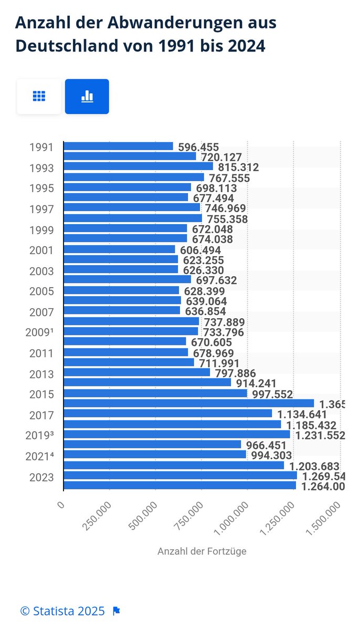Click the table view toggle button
pyautogui.click(x=39, y=96)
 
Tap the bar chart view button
pyautogui.click(x=87, y=96)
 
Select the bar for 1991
pyautogui.click(x=118, y=146)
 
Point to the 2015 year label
pyautogui.click(x=41, y=394)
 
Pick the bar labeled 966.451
pyautogui.click(x=152, y=445)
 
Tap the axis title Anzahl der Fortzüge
pyautogui.click(x=202, y=551)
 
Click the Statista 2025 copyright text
pyautogui.click(x=62, y=611)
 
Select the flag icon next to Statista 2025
pyautogui.click(x=117, y=611)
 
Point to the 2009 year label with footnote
pyautogui.click(x=39, y=332)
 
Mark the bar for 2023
pyautogui.click(x=180, y=476)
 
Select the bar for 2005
pyautogui.click(x=121, y=291)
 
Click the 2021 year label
pyautogui.click(x=39, y=456)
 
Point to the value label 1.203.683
pyautogui.click(x=314, y=466)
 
